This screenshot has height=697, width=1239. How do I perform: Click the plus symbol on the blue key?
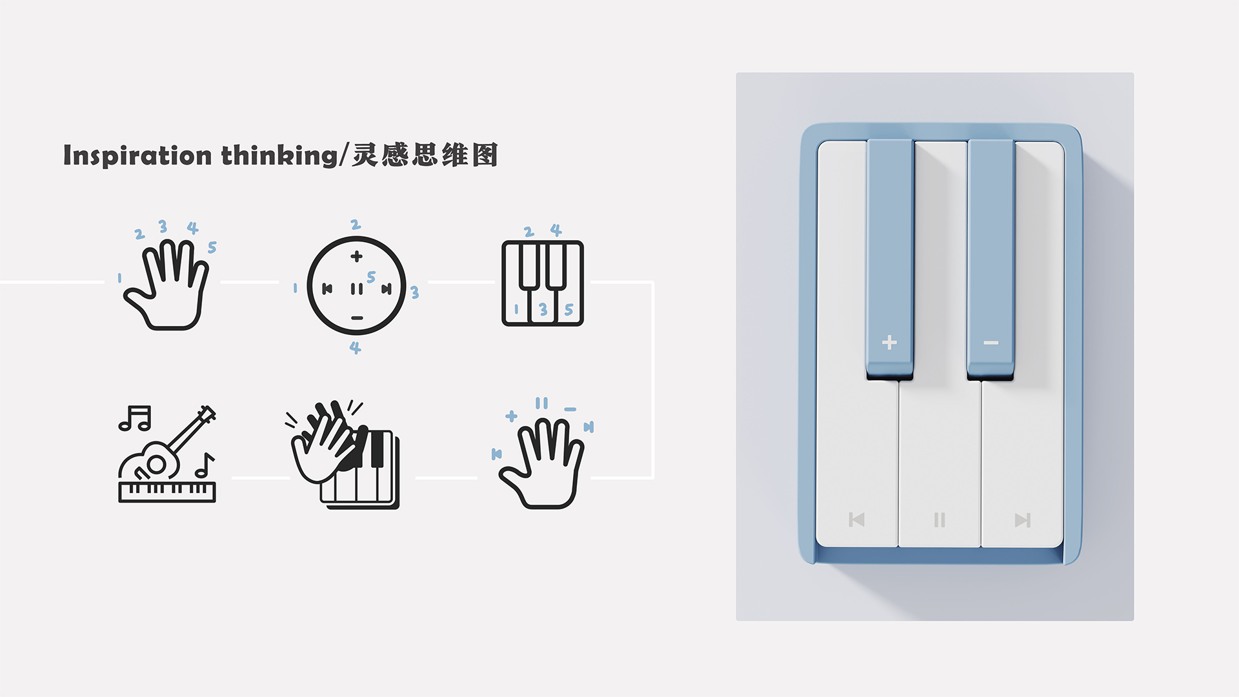(x=889, y=342)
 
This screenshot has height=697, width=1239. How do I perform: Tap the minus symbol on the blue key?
(x=991, y=343)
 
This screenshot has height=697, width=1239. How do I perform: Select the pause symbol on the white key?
(x=940, y=520)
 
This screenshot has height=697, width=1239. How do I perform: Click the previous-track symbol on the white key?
(x=856, y=520)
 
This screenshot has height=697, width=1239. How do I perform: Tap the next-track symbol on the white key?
(x=1022, y=520)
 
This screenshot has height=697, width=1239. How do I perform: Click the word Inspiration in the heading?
(x=137, y=156)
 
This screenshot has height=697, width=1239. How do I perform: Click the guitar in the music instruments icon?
(x=171, y=445)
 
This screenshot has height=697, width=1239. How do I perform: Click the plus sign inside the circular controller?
(x=356, y=256)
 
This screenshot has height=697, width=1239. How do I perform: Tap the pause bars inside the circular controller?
(x=356, y=288)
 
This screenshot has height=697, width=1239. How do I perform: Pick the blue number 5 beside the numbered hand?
(x=212, y=247)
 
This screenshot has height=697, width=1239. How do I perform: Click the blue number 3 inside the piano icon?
(x=543, y=310)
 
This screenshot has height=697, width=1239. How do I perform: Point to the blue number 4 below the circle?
(x=355, y=348)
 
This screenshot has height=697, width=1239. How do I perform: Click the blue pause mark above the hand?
(x=541, y=403)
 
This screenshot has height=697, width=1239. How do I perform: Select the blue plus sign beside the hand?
(x=511, y=416)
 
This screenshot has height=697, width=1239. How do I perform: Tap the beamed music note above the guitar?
(x=135, y=418)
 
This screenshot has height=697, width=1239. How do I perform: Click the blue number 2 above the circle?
(x=355, y=225)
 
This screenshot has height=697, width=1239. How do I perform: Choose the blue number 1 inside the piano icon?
(x=516, y=310)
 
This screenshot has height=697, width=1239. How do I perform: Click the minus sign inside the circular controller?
(x=357, y=318)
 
